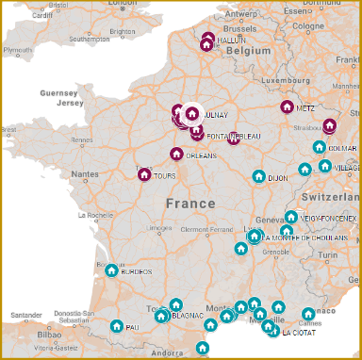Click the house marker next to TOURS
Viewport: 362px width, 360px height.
tap(144, 174)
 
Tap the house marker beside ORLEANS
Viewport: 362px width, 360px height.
tap(175, 154)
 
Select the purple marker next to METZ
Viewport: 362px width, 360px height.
tap(287, 106)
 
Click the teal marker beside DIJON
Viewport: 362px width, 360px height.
tap(258, 175)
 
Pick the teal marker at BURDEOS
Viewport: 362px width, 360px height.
tap(111, 270)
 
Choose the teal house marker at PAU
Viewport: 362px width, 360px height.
tap(116, 326)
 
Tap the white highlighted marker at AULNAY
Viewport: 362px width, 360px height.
tap(192, 114)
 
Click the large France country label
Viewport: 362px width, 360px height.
tap(189, 203)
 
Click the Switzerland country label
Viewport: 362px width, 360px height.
tap(330, 200)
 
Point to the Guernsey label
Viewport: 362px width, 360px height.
tap(59, 93)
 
